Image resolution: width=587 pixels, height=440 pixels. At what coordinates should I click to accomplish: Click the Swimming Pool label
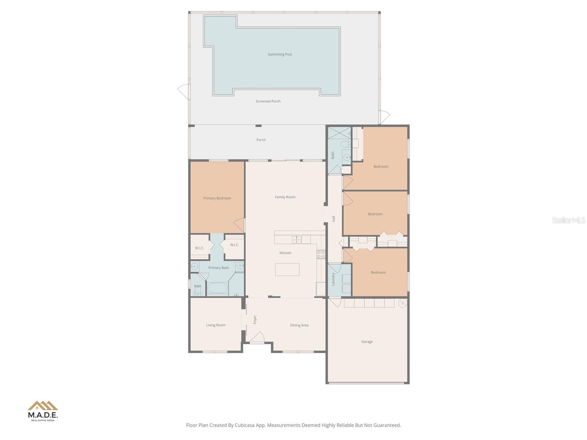280,54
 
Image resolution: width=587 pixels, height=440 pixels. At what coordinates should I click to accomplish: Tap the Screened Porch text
268,101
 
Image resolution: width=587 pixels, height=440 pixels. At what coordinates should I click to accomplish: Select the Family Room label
285,197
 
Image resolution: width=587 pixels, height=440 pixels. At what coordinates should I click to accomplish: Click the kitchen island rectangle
287,269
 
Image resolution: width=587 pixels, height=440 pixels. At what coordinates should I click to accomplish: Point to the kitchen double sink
297,240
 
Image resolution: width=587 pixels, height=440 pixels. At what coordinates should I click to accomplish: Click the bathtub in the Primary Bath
218,287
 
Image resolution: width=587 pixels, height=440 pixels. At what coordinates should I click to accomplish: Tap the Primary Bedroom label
217,198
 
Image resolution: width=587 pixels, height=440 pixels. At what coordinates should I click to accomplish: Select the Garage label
367,342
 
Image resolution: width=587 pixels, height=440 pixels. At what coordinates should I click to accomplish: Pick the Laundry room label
333,279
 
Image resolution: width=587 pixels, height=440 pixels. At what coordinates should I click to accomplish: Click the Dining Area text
299,325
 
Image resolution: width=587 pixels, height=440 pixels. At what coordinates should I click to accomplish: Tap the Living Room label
216,325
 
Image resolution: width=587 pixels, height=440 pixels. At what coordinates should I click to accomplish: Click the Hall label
333,219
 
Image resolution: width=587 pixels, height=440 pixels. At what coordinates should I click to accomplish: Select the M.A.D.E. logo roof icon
43,406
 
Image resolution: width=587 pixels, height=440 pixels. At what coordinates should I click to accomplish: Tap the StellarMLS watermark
568,220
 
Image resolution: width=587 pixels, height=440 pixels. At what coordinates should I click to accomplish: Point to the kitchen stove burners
321,254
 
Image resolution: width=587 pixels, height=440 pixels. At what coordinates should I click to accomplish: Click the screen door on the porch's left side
183,91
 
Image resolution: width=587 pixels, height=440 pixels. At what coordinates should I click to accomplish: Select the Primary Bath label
219,268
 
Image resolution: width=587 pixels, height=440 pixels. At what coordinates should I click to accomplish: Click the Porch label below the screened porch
261,140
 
